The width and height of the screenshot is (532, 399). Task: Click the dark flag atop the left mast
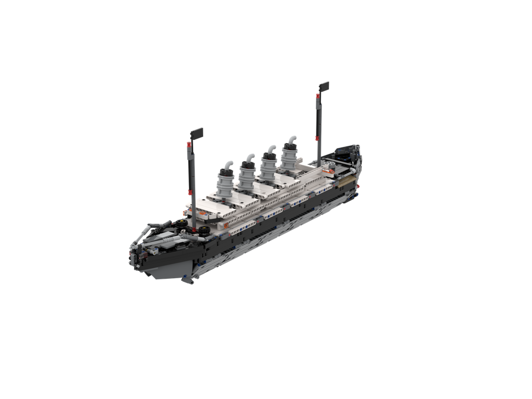tap(196, 132)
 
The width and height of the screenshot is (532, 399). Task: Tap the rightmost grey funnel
tap(290, 154)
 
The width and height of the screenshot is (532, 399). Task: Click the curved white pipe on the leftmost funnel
tap(228, 165)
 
